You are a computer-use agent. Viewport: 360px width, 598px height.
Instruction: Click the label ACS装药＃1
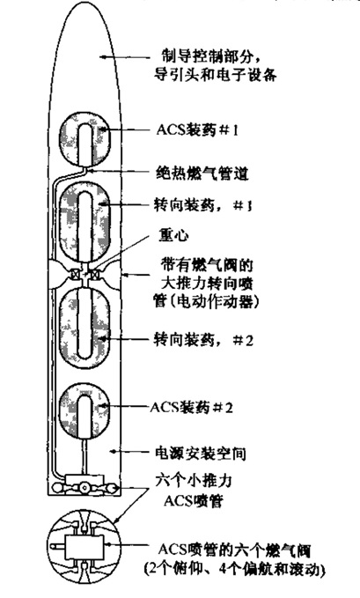pyautogui.click(x=197, y=130)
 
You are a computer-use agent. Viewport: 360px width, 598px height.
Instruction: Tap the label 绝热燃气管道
pyautogui.click(x=202, y=173)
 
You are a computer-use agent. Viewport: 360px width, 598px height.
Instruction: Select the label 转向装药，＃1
pyautogui.click(x=202, y=205)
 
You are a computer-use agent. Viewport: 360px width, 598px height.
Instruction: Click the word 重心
pyautogui.click(x=173, y=235)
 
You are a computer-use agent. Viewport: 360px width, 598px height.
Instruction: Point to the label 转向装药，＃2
pyautogui.click(x=203, y=339)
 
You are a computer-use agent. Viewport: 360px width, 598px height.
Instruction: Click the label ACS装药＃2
pyautogui.click(x=191, y=407)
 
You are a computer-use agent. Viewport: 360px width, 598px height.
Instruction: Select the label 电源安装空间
pyautogui.click(x=200, y=454)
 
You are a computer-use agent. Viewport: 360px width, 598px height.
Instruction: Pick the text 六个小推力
pyautogui.click(x=194, y=481)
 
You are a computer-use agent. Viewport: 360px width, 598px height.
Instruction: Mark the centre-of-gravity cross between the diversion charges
pyautogui.click(x=86, y=274)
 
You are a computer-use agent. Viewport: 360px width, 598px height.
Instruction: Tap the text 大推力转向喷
pyautogui.click(x=207, y=284)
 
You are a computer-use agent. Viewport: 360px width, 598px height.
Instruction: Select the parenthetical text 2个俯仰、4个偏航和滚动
pyautogui.click(x=235, y=570)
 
